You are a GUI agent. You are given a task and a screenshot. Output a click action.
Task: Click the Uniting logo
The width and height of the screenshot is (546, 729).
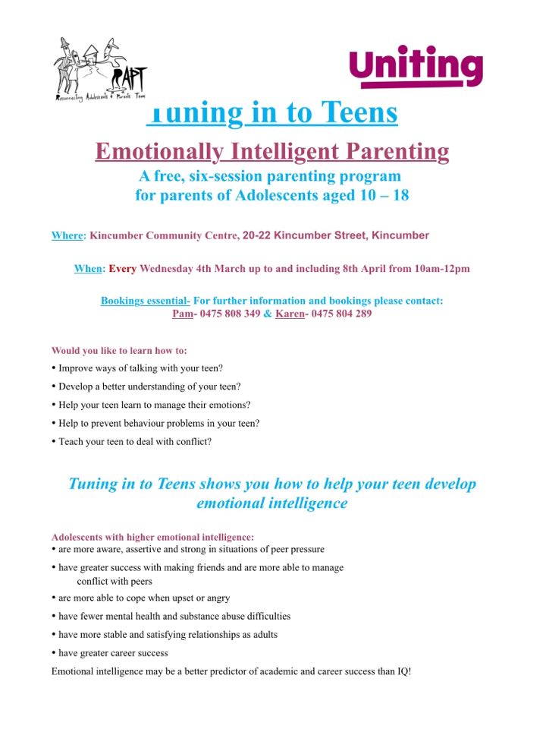point(416,67)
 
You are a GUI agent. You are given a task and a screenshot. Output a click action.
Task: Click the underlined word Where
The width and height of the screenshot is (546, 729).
point(67,235)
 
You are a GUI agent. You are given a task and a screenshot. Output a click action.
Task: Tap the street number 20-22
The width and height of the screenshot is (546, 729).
point(256,235)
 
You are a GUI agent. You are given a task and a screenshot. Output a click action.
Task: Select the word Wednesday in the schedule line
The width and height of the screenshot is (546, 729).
point(165,269)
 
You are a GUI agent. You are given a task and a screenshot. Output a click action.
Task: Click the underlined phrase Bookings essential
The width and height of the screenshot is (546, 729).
point(144,301)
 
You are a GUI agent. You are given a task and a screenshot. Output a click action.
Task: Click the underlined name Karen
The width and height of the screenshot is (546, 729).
point(289,314)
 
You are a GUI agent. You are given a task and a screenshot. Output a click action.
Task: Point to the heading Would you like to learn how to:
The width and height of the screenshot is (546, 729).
point(119,351)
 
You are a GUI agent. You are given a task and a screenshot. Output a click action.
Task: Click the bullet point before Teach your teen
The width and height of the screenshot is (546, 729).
point(54,441)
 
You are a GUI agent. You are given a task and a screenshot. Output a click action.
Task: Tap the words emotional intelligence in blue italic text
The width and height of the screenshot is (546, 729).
point(271,503)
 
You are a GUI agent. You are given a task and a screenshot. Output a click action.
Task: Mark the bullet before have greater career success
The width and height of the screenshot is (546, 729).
point(54,652)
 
